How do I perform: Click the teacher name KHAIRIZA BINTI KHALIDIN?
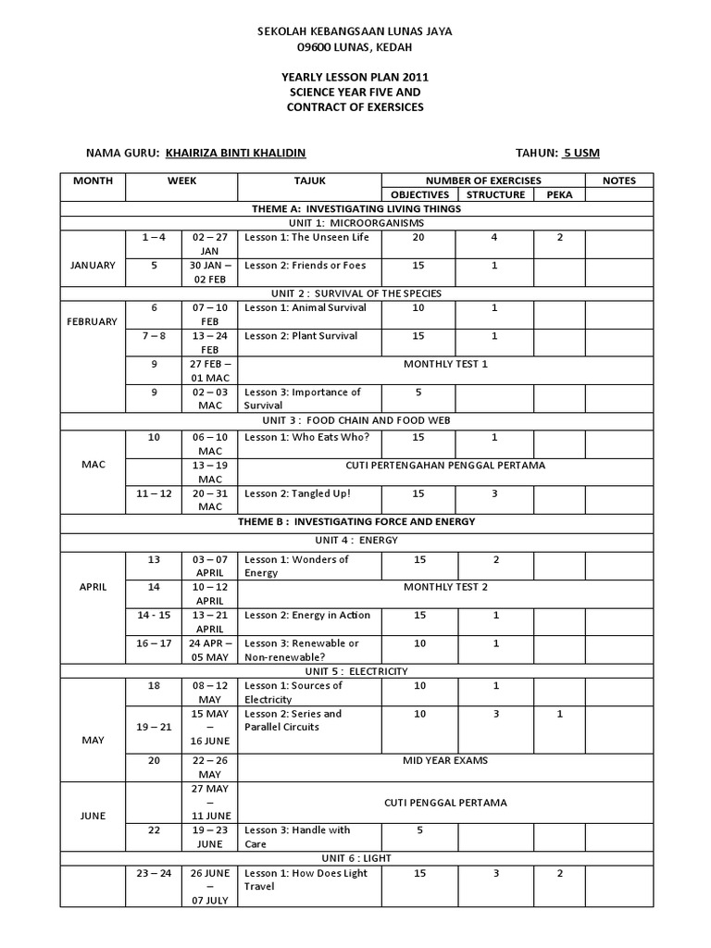tap(235, 153)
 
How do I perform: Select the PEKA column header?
tap(559, 194)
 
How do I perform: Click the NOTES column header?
tap(618, 181)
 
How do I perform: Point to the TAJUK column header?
tap(309, 181)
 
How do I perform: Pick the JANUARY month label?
tap(93, 266)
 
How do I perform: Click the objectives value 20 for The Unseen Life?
tap(419, 238)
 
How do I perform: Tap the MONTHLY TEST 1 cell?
tap(445, 364)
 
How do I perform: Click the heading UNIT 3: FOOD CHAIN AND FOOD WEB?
tap(356, 419)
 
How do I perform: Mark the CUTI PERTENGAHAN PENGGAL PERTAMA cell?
tap(445, 466)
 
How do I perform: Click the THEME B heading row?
tap(356, 521)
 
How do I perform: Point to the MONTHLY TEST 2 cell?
tap(445, 587)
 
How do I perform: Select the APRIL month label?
tap(93, 587)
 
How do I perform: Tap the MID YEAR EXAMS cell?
tap(445, 761)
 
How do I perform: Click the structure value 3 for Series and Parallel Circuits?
tap(495, 714)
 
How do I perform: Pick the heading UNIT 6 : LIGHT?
tap(356, 858)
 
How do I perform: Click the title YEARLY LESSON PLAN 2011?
tap(355, 77)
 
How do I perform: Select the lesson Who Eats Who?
tap(306, 437)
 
